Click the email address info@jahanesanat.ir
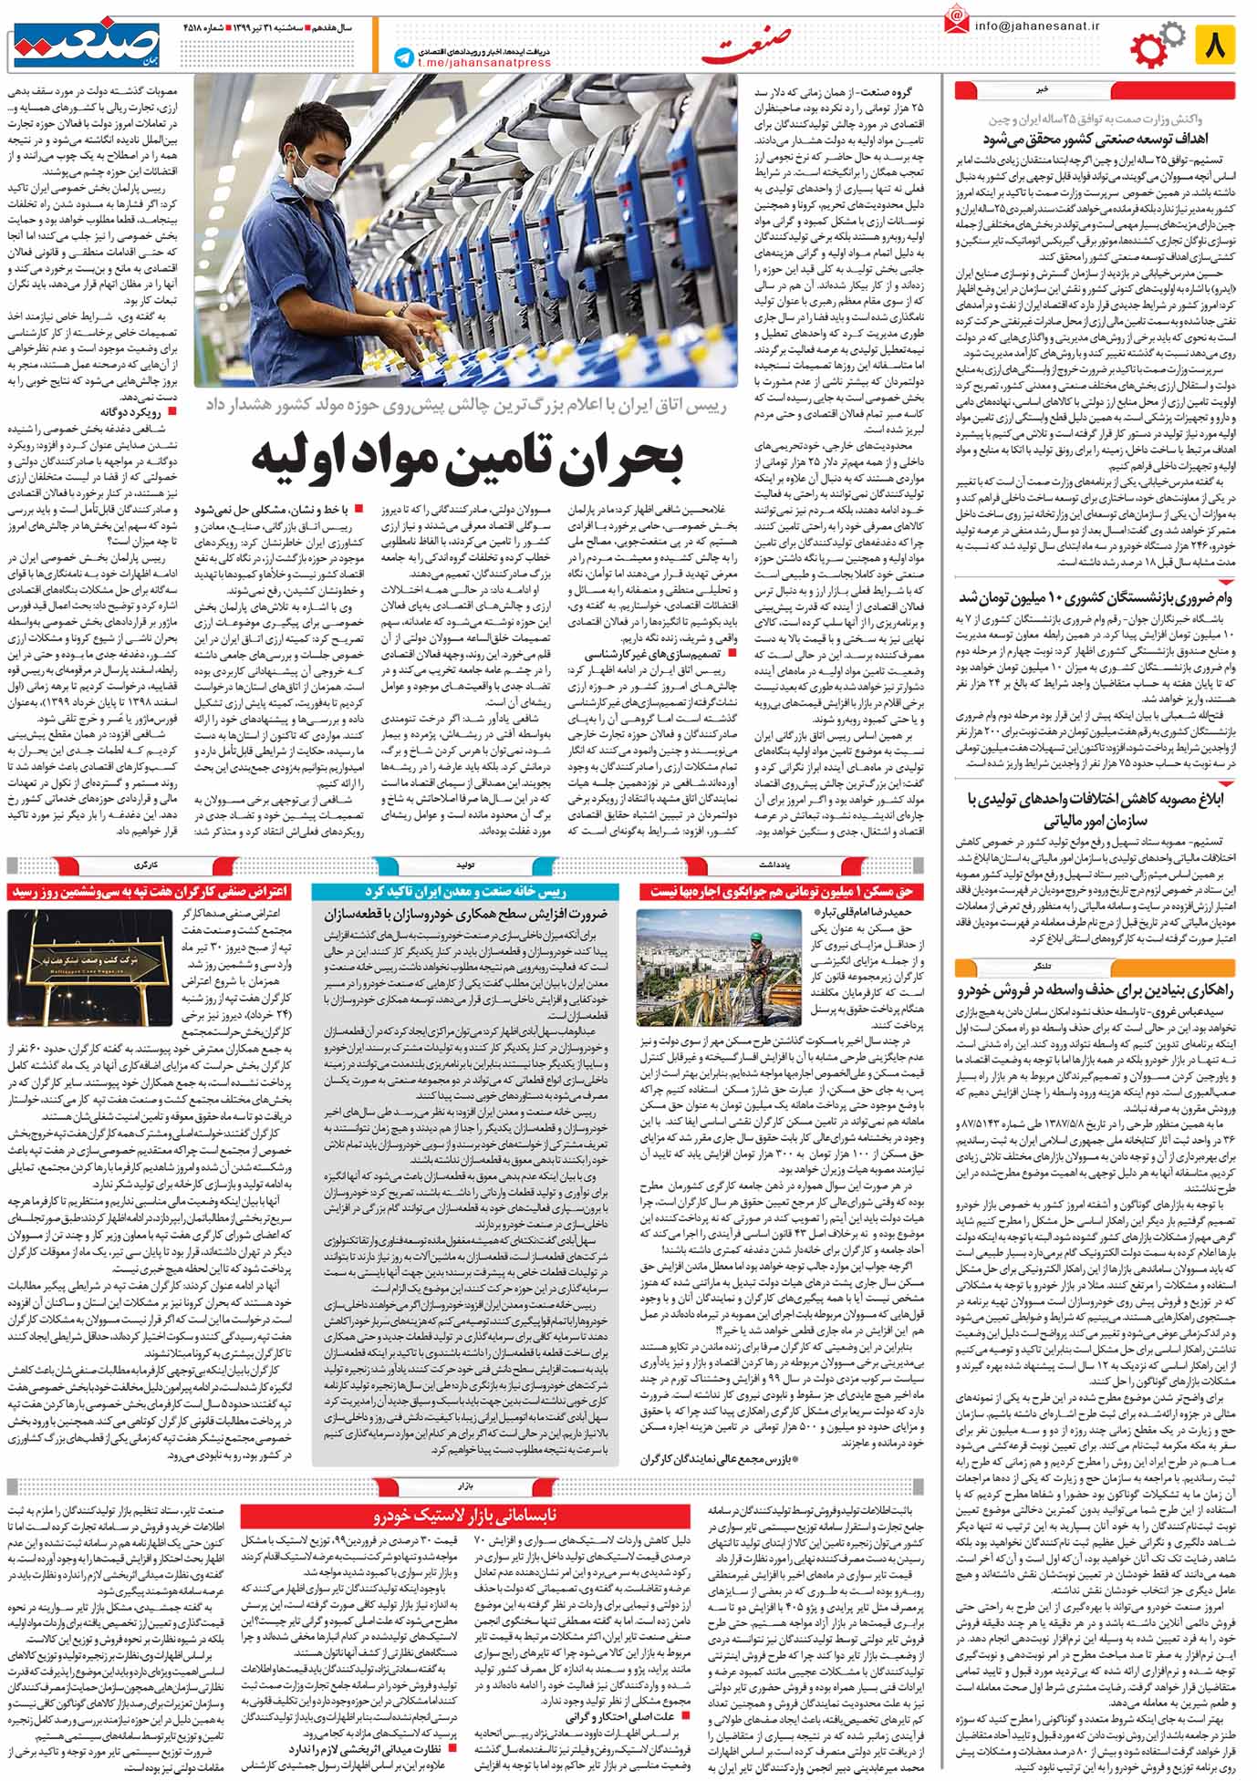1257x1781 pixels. [1036, 26]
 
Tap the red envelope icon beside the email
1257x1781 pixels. [955, 21]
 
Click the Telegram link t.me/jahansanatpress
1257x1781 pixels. [483, 63]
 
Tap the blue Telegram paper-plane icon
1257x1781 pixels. [403, 57]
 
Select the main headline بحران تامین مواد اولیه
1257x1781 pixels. [466, 454]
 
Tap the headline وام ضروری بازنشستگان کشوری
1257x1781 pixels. [1096, 598]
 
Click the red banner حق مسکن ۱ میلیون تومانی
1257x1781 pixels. [782, 892]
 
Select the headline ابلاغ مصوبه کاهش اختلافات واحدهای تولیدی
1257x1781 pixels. [1096, 809]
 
